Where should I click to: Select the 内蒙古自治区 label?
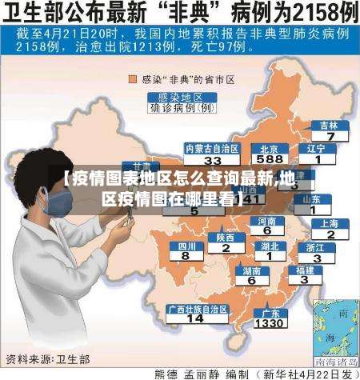point(190,148)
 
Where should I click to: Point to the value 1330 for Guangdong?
point(270,323)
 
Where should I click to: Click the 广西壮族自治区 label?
point(195,308)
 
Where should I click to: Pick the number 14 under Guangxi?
point(194,318)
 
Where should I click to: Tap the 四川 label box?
point(186,246)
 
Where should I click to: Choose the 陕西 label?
point(225,237)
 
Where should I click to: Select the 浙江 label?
point(315,247)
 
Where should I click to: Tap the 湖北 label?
point(270,246)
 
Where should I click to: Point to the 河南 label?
point(267,220)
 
